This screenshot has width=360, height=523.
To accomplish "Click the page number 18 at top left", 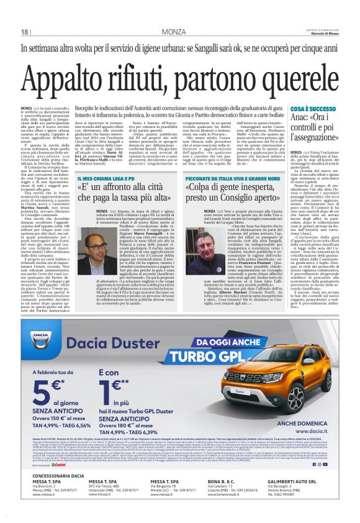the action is point(25,32).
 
